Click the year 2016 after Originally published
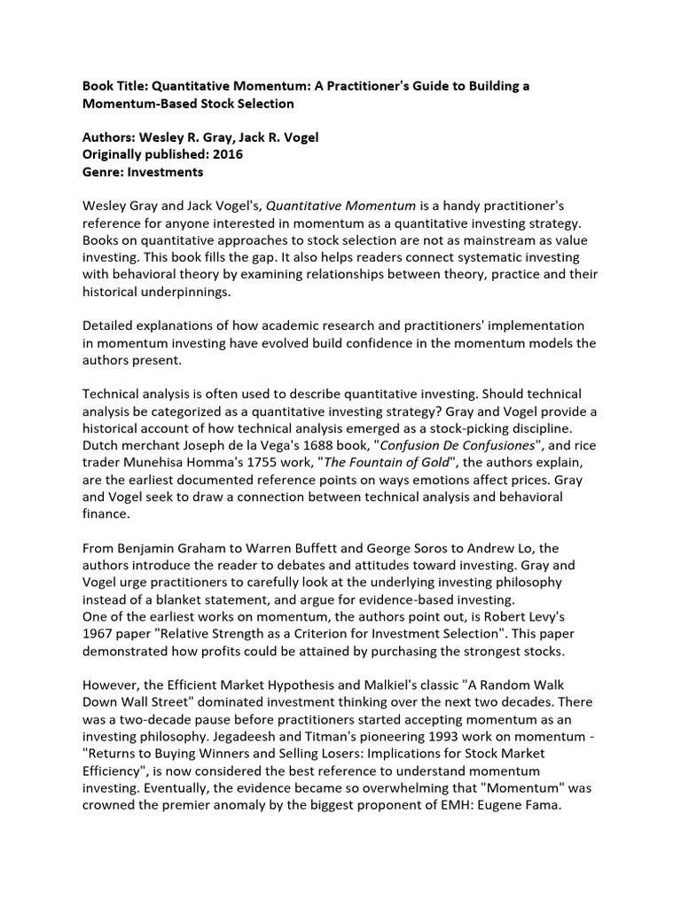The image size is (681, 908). click(x=225, y=154)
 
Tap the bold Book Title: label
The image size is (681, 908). click(x=114, y=86)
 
